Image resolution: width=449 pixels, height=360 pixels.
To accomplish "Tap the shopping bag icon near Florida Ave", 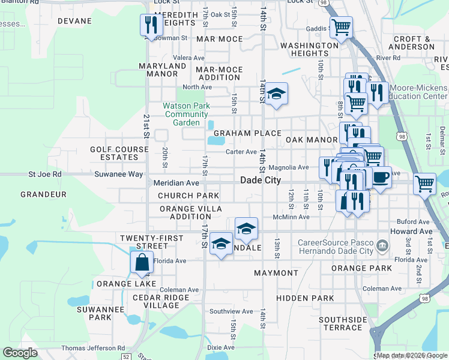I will (x=141, y=263).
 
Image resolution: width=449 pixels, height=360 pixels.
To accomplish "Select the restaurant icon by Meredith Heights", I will (x=150, y=25).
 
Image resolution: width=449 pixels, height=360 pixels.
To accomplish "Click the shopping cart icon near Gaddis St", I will (x=340, y=27).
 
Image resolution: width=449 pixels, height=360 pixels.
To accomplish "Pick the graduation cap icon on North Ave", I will (x=276, y=94).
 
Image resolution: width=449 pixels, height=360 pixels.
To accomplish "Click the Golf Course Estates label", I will (x=119, y=153).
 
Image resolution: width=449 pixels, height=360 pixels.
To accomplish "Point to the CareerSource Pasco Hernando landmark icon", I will (x=382, y=245).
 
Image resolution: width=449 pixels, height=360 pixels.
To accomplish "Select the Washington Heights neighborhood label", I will (x=309, y=49).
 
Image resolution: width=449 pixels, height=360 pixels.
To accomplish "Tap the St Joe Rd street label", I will (x=45, y=174).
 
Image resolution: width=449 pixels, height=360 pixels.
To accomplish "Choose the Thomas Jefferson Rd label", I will (x=93, y=348).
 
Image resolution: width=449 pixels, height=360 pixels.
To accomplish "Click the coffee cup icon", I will (x=381, y=177).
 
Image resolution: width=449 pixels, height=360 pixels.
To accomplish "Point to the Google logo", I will (x=20, y=353).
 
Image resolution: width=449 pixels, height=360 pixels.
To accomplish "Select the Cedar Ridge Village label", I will (x=148, y=301).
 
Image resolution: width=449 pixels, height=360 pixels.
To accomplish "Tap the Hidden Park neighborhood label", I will (x=305, y=298).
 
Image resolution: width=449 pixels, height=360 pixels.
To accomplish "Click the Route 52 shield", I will (x=125, y=356).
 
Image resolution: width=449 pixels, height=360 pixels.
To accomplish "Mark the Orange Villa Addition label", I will (x=190, y=212).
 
